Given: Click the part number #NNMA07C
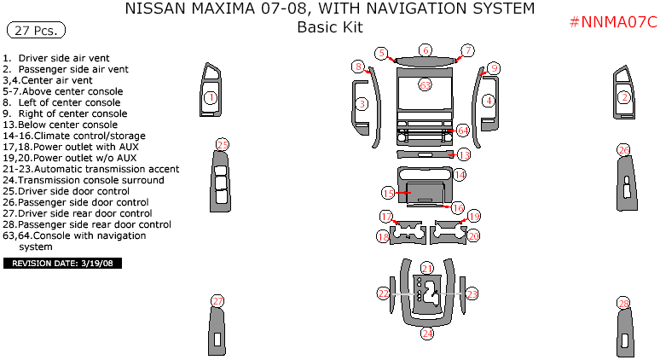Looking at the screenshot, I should point(613,22).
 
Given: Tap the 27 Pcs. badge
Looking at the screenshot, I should point(32,31).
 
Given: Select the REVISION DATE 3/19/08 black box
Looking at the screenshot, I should point(64,264).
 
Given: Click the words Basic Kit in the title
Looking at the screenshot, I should point(330,27).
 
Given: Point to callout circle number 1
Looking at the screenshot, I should point(210,98).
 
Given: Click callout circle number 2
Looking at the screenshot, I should point(624,97).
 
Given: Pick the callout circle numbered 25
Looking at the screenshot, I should point(223,144).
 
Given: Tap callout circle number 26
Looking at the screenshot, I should point(624,150).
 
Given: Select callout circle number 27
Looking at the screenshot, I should point(217,301).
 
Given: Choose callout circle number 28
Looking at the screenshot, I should point(624,305).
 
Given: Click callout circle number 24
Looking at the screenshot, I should point(427,334).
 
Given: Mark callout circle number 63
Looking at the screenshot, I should point(425,85).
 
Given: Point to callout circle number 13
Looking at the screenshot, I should point(464,155).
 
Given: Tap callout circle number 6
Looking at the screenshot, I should point(426,50).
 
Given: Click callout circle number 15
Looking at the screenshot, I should point(388,193).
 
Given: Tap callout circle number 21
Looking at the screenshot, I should point(427,268).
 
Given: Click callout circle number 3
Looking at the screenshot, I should point(362,104).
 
